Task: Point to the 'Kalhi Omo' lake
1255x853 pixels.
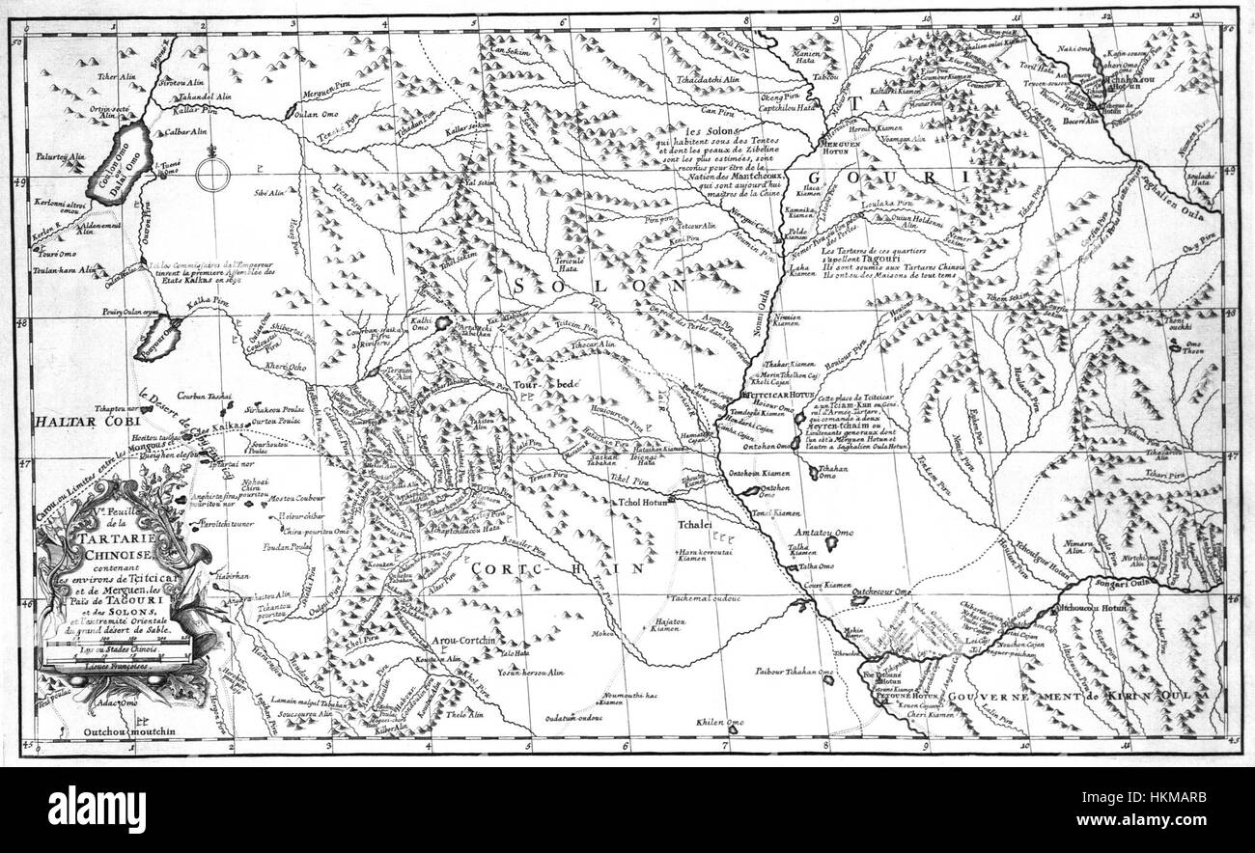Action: coord(444,323)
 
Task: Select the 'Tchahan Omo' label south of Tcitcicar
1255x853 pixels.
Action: coord(826,472)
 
